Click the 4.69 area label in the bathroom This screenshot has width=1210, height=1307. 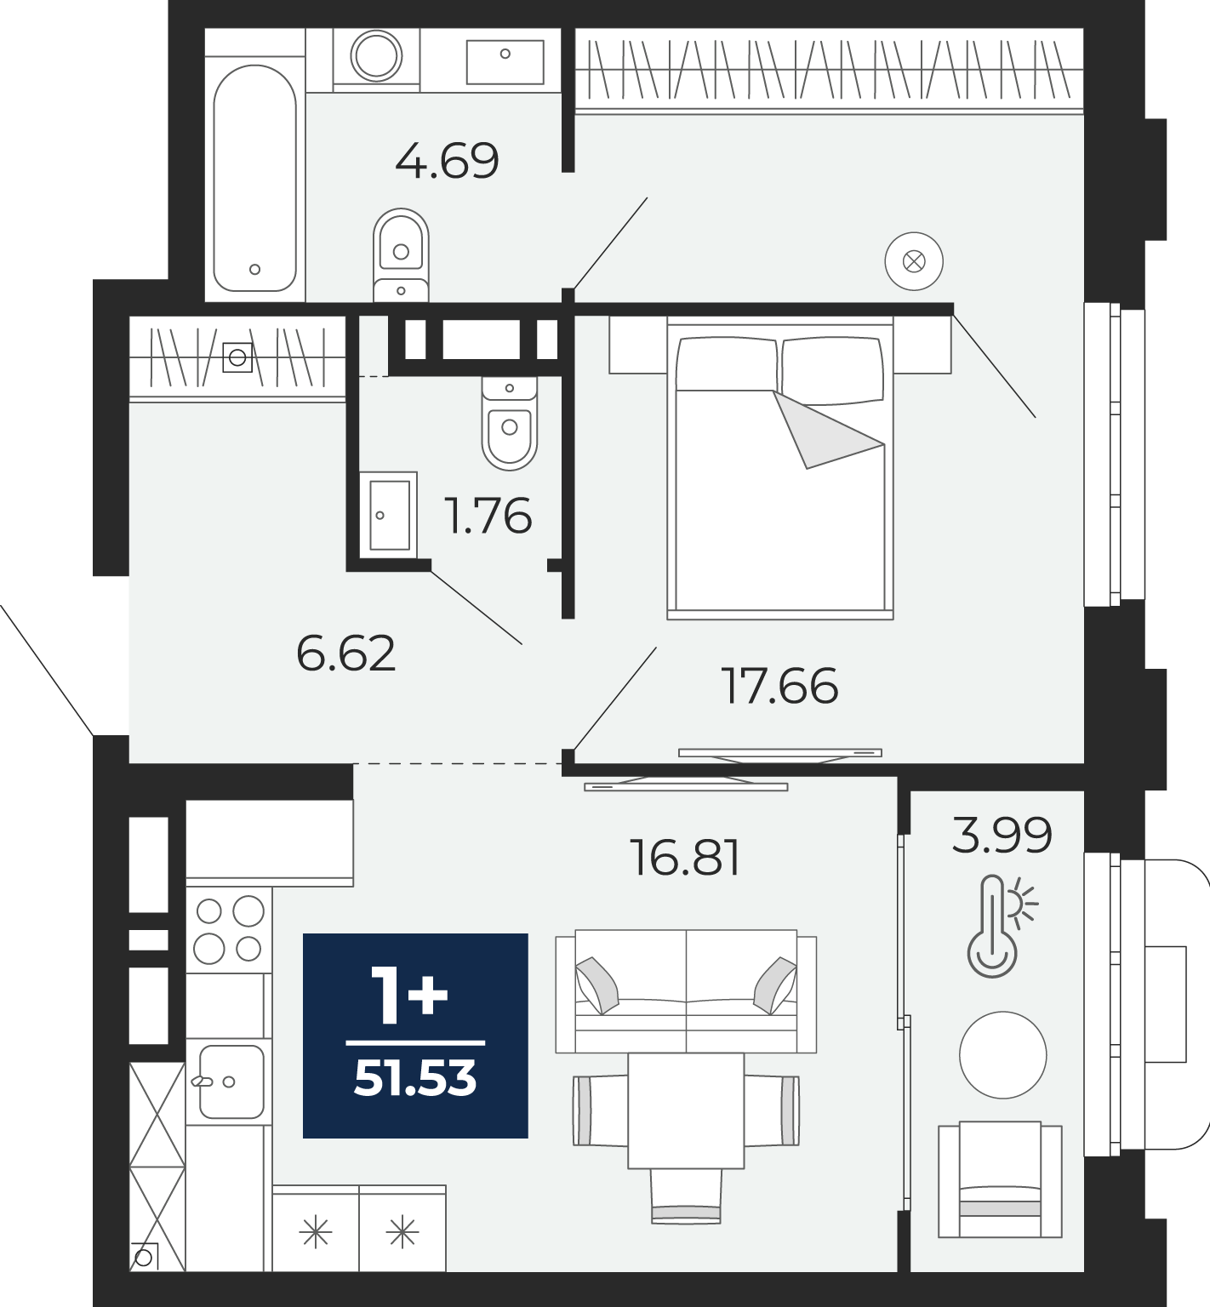click(x=447, y=160)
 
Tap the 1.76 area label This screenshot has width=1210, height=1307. click(x=488, y=516)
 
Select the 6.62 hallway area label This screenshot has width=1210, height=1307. click(x=345, y=653)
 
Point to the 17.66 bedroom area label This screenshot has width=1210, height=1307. click(x=779, y=686)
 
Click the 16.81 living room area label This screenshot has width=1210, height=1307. click(x=685, y=858)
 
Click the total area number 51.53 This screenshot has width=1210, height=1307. click(x=415, y=1079)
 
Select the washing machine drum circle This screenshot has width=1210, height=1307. click(x=376, y=56)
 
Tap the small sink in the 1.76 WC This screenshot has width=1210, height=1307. click(x=388, y=515)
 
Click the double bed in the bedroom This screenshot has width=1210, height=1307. click(x=779, y=468)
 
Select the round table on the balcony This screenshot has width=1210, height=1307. click(x=1002, y=1055)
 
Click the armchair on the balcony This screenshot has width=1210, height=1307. click(x=1000, y=1179)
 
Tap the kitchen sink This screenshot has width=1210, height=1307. click(x=231, y=1082)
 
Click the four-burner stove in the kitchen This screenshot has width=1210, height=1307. click(x=229, y=930)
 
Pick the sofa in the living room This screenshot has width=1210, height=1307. click(x=686, y=991)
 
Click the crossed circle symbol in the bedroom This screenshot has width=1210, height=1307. click(x=914, y=261)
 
